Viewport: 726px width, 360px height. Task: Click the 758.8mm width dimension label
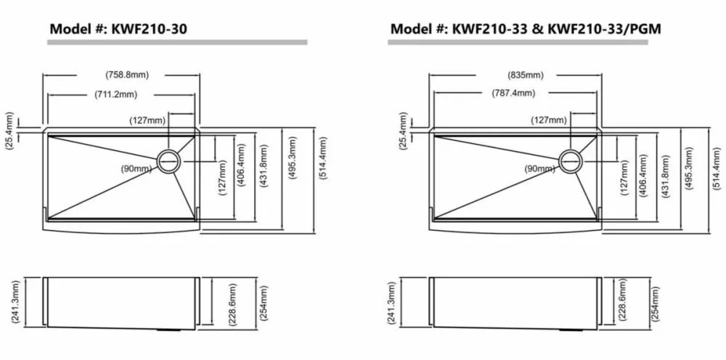click(x=127, y=75)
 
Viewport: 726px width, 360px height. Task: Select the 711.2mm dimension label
click(x=115, y=95)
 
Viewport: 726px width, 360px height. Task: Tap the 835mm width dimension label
click(x=525, y=75)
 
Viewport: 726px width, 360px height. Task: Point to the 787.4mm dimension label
click(x=513, y=94)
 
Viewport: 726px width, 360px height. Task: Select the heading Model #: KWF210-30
click(x=118, y=29)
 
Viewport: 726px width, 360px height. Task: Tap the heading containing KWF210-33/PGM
click(x=526, y=29)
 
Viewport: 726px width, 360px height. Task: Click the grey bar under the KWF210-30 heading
click(x=177, y=42)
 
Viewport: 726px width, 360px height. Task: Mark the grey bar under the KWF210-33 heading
click(x=518, y=42)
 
